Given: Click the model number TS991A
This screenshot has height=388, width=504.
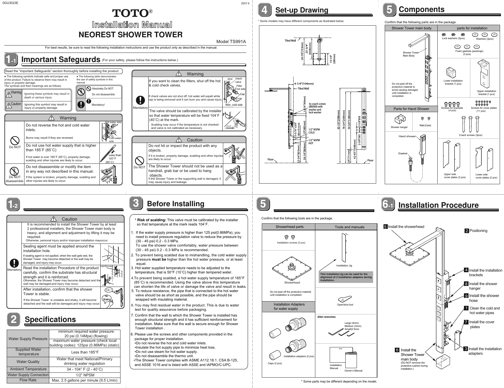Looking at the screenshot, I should pyautogui.click(x=231, y=42).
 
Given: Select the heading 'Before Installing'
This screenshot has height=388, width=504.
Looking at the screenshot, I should pyautogui.click(x=176, y=204).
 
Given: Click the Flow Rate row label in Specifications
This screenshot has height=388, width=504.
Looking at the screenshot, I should pyautogui.click(x=28, y=380).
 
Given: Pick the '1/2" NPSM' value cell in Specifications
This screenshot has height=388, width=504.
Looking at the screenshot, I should pyautogui.click(x=85, y=375).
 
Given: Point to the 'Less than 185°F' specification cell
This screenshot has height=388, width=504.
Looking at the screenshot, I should pyautogui.click(x=85, y=352).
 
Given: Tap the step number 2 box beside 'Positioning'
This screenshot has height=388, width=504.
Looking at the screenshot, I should pyautogui.click(x=466, y=231).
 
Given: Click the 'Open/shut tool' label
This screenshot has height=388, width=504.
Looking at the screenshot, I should pyautogui.click(x=345, y=305).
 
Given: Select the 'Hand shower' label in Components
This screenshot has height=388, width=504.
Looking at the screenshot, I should pyautogui.click(x=407, y=136).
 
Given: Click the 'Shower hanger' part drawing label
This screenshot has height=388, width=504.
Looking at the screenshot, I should pyautogui.click(x=399, y=127).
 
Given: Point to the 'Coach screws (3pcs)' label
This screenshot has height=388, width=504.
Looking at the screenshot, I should pyautogui.click(x=470, y=135).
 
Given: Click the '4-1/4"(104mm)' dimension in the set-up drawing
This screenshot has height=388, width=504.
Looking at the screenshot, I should pyautogui.click(x=304, y=83).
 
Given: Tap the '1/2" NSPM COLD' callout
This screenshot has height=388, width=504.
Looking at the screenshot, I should pyautogui.click(x=314, y=131).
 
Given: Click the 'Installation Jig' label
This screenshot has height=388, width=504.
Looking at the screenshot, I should pyautogui.click(x=344, y=266).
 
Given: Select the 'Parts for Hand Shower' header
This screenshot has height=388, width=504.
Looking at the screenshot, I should pyautogui.click(x=411, y=109).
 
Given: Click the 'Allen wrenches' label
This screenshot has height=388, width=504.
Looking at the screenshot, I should pyautogui.click(x=326, y=317).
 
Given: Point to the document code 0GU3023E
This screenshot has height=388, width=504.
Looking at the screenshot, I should pyautogui.click(x=10, y=3).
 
